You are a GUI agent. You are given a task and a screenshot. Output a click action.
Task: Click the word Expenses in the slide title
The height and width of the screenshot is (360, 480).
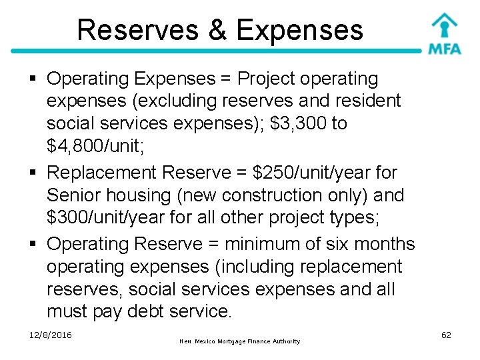pos(299,30)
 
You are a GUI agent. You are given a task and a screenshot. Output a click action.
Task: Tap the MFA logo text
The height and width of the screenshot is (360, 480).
pos(445,49)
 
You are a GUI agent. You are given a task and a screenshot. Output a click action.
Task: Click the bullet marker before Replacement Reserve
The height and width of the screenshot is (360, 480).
pos(35,173)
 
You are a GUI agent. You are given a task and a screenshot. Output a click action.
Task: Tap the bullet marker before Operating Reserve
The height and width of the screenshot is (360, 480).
pos(35,245)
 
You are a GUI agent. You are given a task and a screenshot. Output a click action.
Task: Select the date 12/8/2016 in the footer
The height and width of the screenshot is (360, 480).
pos(51,335)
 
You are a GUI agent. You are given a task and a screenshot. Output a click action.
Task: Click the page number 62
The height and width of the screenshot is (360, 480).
pos(446,335)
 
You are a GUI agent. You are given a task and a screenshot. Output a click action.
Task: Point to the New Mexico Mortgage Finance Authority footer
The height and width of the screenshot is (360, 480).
pos(240,341)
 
